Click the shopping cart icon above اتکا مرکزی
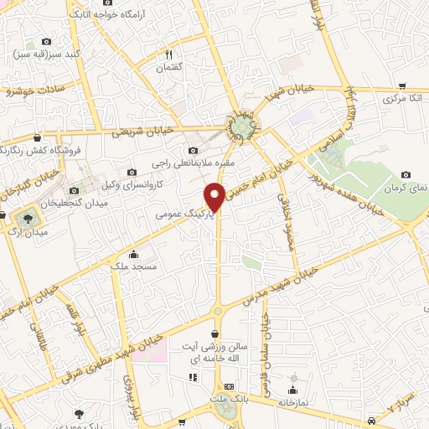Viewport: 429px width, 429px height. [403, 85]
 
